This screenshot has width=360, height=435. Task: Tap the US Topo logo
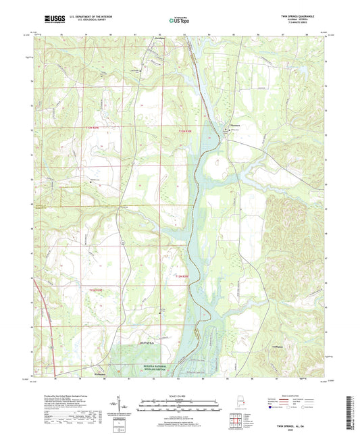[x=178, y=21]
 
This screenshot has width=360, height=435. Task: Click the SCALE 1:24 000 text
[x=178, y=386]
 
